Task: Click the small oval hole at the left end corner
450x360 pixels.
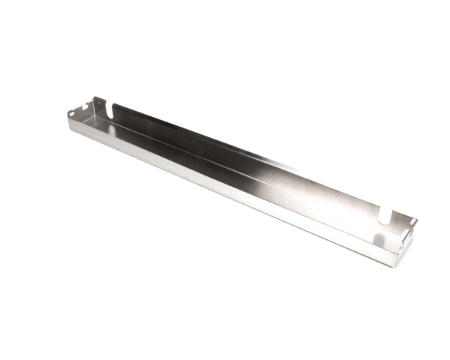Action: (73, 113)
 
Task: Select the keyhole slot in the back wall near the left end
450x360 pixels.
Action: (112, 109)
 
